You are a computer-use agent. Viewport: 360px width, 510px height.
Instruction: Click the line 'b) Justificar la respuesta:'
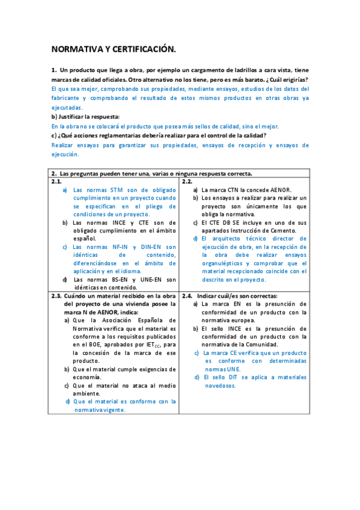[x=85, y=117]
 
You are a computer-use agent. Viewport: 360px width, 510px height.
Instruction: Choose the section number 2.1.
[x=57, y=181]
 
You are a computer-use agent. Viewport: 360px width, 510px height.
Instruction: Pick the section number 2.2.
[x=187, y=181]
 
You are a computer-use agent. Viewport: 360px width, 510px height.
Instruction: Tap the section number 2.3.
[x=56, y=296]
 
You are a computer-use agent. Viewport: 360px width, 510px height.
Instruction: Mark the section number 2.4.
[x=187, y=296]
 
